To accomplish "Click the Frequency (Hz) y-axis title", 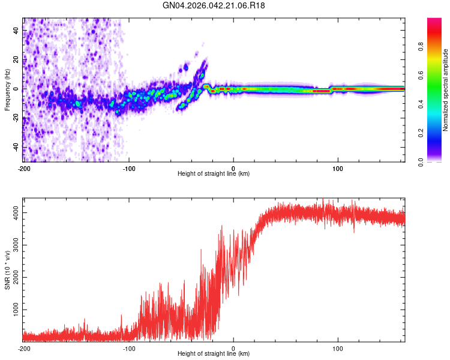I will tap(7, 90).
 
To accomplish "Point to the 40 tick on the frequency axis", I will tap(16, 30).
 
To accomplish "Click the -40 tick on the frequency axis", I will tap(16, 147).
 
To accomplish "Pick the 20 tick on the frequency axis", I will tap(16, 59).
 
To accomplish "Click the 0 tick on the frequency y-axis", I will tap(16, 89).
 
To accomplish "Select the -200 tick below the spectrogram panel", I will tap(24, 168).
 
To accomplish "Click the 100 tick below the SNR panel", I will tap(338, 349).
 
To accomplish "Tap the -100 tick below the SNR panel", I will tap(128, 349).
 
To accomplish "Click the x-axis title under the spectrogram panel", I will tap(214, 174).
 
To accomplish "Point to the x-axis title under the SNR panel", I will tap(214, 355).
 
